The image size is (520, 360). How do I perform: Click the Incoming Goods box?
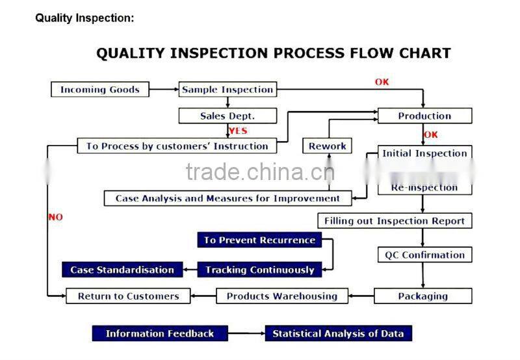[100, 90]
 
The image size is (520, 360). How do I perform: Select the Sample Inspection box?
[227, 90]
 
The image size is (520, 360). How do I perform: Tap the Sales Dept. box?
[227, 116]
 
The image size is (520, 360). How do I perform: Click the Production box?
[424, 116]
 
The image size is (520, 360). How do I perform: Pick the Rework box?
[328, 146]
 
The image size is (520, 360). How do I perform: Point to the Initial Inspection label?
[424, 154]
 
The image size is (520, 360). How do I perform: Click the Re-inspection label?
[424, 188]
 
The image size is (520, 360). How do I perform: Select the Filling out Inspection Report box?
[395, 221]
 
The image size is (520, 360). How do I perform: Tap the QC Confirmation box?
[424, 255]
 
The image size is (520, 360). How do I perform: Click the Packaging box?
[423, 296]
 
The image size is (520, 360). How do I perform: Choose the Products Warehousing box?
[282, 296]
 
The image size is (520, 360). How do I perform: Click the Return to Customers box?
[128, 296]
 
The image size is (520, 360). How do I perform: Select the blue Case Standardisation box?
[122, 270]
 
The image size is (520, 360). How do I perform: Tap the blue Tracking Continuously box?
[260, 270]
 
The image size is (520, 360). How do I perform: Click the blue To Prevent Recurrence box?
[259, 240]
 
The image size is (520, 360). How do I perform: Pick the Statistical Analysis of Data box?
[338, 334]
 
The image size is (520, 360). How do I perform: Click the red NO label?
[56, 217]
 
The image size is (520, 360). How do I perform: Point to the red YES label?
[238, 131]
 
